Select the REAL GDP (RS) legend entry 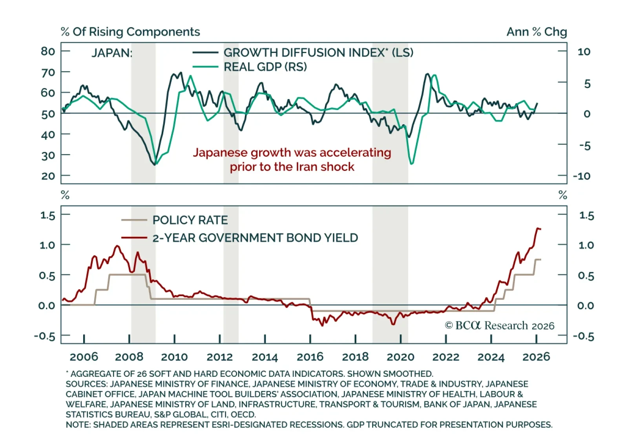point(265,67)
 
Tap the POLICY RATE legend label point(190,220)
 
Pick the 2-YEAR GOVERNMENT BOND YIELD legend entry point(255,238)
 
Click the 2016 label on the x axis point(310,357)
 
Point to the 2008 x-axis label point(129,357)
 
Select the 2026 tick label point(536,357)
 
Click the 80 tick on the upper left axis point(48,51)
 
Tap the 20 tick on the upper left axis point(48,176)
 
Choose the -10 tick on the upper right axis point(581,176)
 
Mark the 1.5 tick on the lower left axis point(48,215)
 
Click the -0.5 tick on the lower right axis point(583,336)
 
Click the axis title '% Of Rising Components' point(130,32)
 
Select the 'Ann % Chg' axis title point(537,32)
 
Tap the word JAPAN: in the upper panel point(112,53)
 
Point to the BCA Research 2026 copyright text point(499,326)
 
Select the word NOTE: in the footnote point(78,425)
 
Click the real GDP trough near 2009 point(157,163)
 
